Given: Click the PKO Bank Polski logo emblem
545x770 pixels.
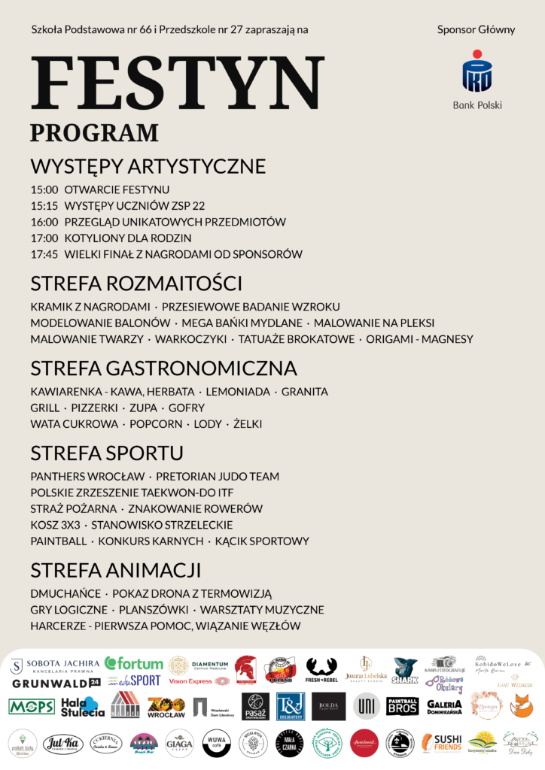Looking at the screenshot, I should point(477,72).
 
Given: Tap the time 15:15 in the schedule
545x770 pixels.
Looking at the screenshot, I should point(44,205).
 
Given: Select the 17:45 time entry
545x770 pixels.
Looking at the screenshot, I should point(44,254).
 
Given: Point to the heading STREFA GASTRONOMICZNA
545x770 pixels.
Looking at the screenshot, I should point(164,368).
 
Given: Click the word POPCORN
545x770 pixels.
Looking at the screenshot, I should point(156,424).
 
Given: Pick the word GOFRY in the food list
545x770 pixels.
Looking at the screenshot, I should point(187,408).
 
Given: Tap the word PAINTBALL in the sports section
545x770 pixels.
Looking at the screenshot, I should point(57,541).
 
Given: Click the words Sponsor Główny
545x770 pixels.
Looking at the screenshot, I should point(476,30).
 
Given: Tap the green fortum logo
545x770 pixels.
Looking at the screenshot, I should point(134,664).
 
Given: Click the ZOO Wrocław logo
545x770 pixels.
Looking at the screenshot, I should point(166,705).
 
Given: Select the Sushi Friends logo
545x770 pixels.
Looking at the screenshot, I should point(442,742).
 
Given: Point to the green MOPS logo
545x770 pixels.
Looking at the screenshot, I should point(31,706).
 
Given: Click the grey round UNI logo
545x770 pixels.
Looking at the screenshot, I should point(366,705).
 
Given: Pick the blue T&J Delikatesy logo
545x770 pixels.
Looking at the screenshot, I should point(290,705).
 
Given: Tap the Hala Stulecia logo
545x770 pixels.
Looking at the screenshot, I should point(83,706).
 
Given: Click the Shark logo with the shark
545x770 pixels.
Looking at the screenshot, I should point(405,668).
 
